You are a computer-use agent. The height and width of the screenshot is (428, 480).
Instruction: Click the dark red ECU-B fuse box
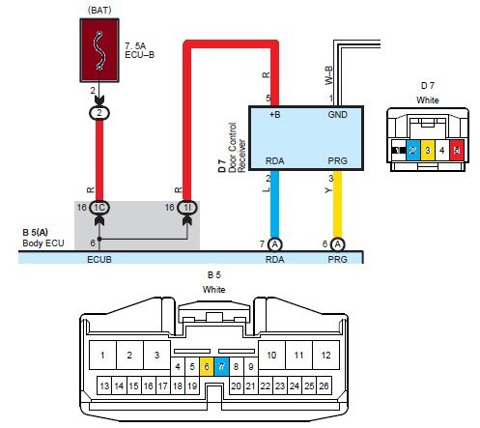(99, 50)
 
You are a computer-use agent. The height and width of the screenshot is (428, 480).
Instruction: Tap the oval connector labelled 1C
(99, 208)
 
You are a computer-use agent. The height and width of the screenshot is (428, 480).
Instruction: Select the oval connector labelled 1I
(187, 208)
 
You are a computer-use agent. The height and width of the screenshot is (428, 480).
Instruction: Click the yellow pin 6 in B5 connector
(207, 366)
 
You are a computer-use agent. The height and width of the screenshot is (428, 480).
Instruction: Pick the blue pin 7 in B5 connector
(221, 366)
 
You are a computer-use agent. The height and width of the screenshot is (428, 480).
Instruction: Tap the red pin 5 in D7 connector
(457, 150)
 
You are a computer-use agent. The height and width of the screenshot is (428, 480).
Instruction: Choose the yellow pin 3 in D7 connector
(428, 150)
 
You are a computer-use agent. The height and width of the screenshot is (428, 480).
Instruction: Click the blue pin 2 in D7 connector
(413, 150)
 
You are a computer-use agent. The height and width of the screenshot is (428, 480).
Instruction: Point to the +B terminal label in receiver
(274, 115)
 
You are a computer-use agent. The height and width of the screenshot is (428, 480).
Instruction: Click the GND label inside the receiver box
(337, 115)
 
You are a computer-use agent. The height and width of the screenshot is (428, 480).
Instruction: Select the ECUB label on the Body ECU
(99, 259)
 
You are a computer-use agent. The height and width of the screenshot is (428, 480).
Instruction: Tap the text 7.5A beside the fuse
(135, 46)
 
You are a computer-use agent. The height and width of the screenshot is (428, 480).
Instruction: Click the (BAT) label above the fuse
(99, 10)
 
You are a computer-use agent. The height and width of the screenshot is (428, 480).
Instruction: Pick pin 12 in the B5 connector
(325, 355)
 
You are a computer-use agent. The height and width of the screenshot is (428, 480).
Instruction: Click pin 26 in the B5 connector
(324, 385)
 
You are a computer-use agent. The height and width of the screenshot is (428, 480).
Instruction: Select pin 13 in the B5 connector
(104, 385)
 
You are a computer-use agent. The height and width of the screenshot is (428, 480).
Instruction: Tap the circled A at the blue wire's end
(274, 244)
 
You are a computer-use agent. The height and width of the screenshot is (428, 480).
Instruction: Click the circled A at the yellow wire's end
(337, 244)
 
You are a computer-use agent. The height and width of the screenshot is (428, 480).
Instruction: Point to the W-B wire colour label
(328, 75)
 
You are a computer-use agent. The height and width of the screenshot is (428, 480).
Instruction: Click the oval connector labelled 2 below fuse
(99, 113)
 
